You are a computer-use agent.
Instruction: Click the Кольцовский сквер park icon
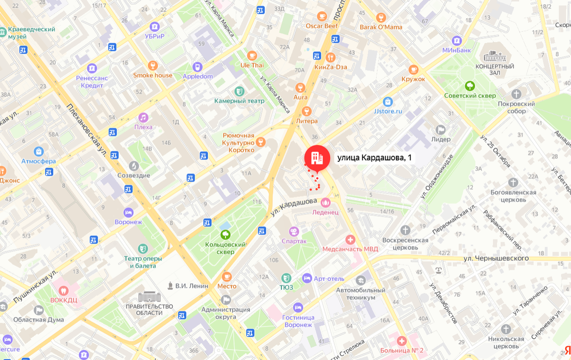pyautogui.click(x=225, y=234)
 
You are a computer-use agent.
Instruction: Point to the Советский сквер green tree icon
pyautogui.click(x=470, y=86)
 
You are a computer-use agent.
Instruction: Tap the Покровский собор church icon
pyautogui.click(x=516, y=94)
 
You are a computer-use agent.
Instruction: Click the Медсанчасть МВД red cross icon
pyautogui.click(x=350, y=239)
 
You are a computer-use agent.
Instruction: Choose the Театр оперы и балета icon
pyautogui.click(x=143, y=248)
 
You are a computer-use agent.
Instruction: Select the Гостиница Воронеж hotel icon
pyautogui.click(x=298, y=307)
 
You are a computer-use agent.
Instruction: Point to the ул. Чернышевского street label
pyautogui.click(x=497, y=258)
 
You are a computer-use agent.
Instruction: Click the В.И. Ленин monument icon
pyautogui.click(x=170, y=286)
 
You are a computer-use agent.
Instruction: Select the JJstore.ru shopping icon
pyautogui.click(x=388, y=101)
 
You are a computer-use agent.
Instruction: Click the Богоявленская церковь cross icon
pyautogui.click(x=513, y=182)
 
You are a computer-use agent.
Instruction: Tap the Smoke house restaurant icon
pyautogui.click(x=152, y=65)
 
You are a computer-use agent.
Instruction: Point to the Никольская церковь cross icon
pyautogui.click(x=505, y=329)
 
